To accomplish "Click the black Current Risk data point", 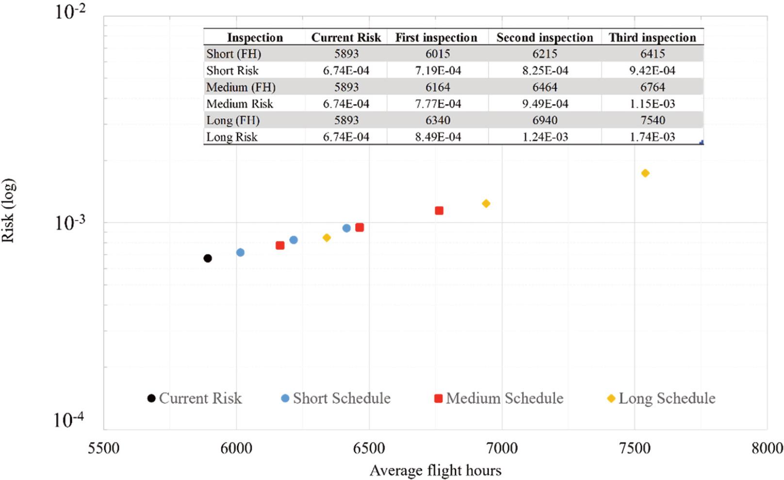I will [x=208, y=258].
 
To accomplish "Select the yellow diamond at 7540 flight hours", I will [x=645, y=173].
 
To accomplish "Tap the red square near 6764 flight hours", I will [x=439, y=211].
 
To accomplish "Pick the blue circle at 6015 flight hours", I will [x=240, y=252].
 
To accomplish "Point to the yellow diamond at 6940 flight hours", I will [x=486, y=204].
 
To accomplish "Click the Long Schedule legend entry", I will [x=661, y=398].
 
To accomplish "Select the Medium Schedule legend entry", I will [x=499, y=398].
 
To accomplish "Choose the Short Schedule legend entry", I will [x=336, y=398].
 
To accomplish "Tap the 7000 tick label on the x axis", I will [x=502, y=448].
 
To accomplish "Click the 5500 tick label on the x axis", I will [x=103, y=448].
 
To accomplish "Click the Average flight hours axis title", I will [x=435, y=470].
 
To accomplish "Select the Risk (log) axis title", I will [x=9, y=210].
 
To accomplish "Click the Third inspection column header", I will [x=652, y=37].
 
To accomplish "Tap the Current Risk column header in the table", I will [x=346, y=37].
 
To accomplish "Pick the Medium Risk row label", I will [x=240, y=104].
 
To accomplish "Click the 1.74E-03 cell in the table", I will [x=652, y=137].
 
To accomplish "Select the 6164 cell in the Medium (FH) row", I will [x=438, y=87].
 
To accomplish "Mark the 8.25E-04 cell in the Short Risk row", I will [x=544, y=71].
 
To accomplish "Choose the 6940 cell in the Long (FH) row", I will [x=544, y=120].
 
